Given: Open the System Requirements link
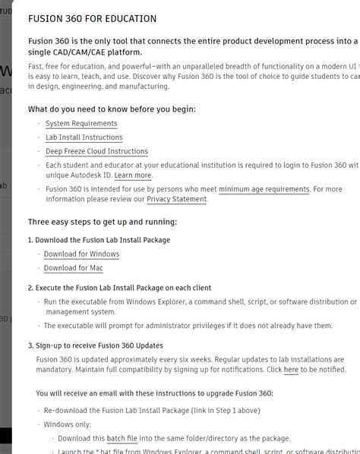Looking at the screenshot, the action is (x=81, y=124).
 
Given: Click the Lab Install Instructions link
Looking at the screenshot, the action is (x=84, y=137).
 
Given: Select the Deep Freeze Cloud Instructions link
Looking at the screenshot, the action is (x=96, y=151).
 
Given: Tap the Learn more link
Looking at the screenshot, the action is (x=133, y=175).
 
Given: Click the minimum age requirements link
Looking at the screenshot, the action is (x=264, y=189).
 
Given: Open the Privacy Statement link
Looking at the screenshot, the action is (x=176, y=199).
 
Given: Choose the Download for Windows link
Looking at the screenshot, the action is (x=81, y=254).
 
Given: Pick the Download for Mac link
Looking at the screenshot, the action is (x=73, y=268).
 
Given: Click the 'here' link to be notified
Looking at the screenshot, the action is (x=291, y=370).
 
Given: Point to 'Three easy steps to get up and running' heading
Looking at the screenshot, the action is (x=103, y=222).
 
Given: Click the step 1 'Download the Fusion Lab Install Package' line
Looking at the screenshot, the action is (x=99, y=240).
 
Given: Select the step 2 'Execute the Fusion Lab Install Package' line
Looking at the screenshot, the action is (x=119, y=288).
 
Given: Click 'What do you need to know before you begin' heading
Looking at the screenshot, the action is (x=112, y=109).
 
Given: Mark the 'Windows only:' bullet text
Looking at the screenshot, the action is (x=68, y=424).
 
